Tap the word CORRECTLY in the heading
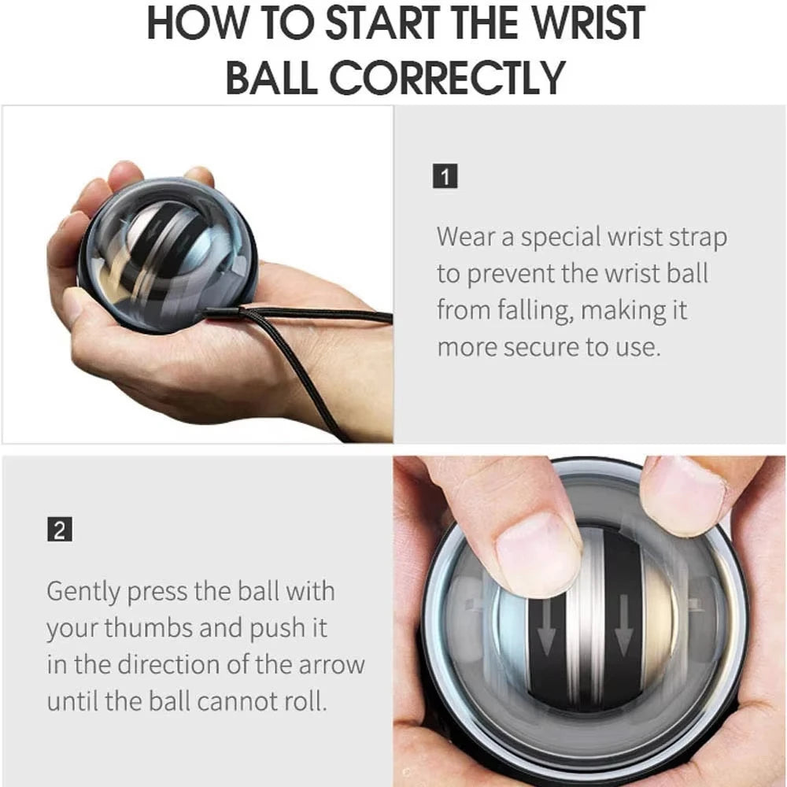tap(446, 78)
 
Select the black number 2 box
tap(59, 530)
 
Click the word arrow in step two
tap(331, 664)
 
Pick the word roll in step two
tap(304, 701)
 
